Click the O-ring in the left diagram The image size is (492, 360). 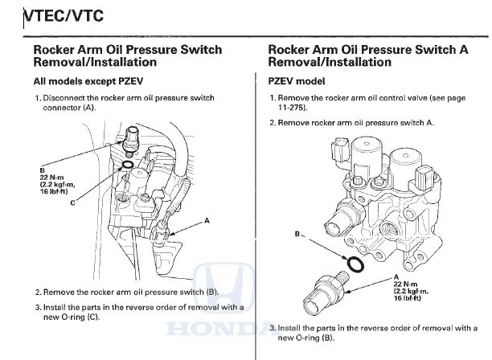pyautogui.click(x=126, y=165)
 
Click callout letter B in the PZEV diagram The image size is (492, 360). pyautogui.click(x=298, y=235)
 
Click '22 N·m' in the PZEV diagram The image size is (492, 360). pyautogui.click(x=404, y=284)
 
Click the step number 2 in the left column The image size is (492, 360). pyautogui.click(x=37, y=292)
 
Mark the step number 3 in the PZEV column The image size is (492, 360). pyautogui.click(x=272, y=327)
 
